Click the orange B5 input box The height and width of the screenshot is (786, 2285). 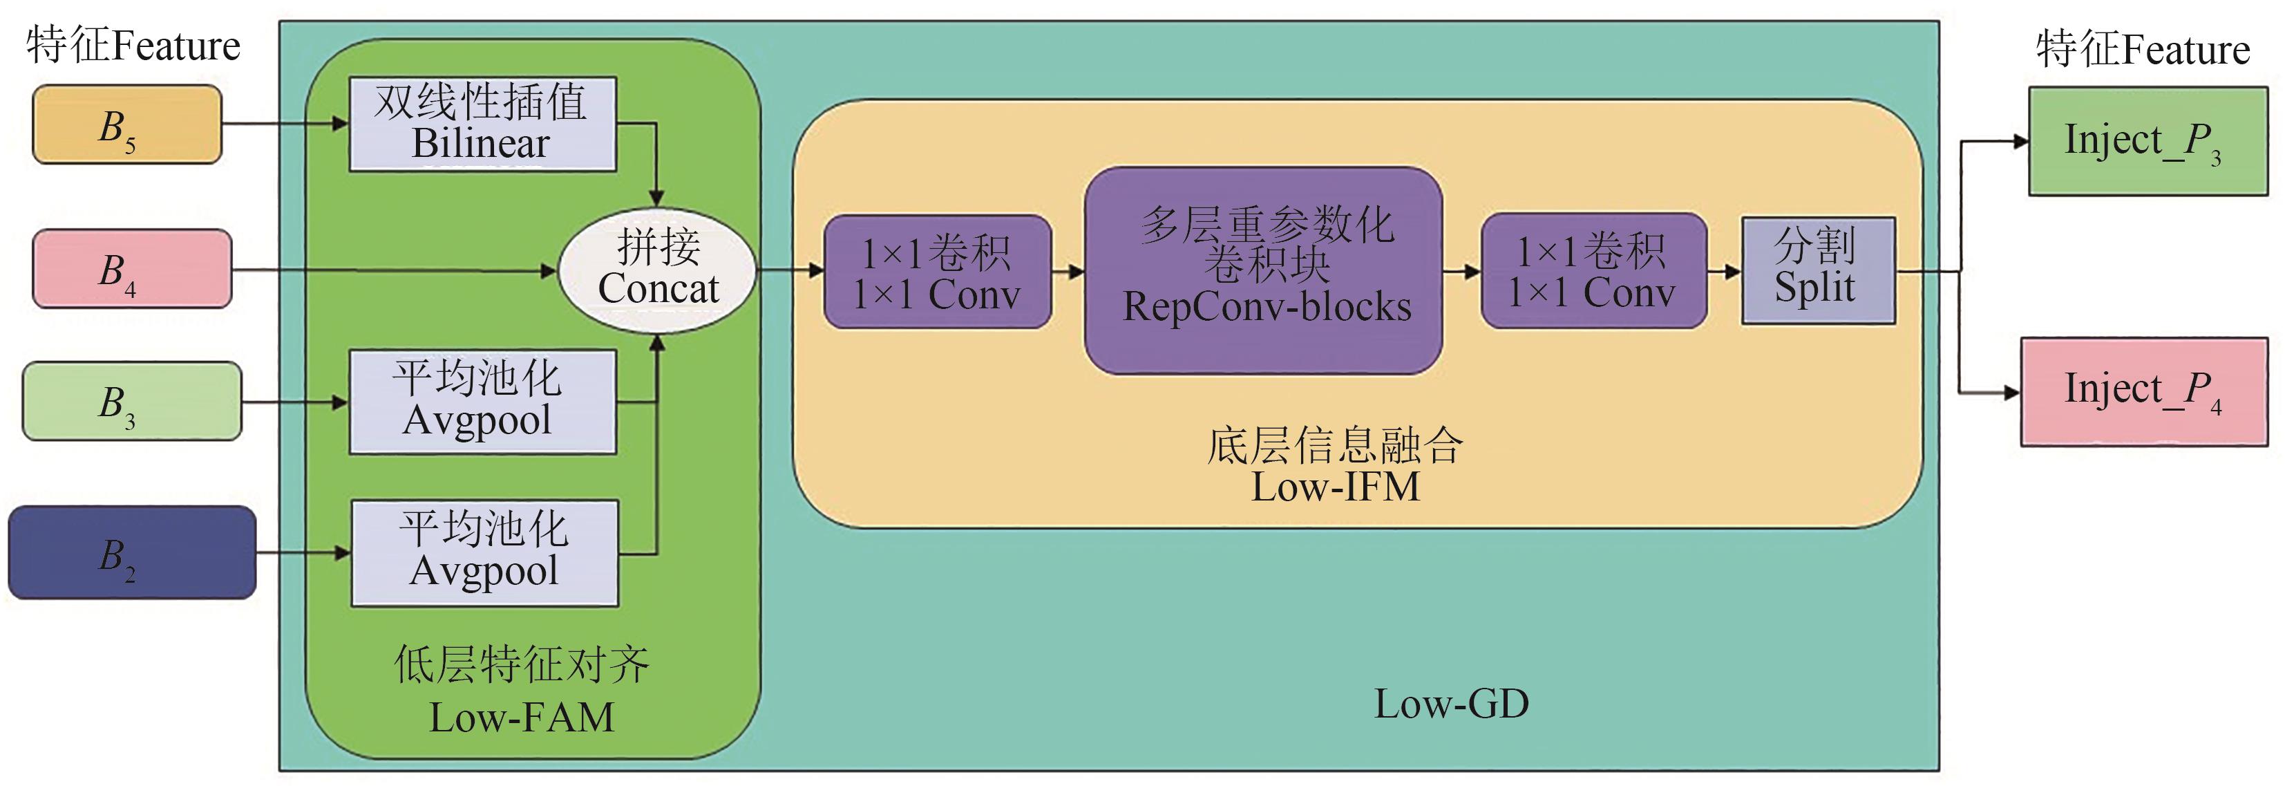coord(127,124)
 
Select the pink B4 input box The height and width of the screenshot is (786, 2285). coord(132,269)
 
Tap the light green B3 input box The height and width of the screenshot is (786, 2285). coord(131,401)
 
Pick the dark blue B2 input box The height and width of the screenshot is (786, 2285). coord(132,552)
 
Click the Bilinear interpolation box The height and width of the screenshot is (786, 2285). coord(482,124)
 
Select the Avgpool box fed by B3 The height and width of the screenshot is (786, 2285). coord(482,402)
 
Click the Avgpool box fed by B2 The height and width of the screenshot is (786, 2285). coord(484,552)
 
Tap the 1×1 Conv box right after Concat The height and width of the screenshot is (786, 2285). coord(938,272)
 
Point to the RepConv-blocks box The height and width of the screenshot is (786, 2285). coord(1263,270)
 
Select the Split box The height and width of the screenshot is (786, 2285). coord(1819,270)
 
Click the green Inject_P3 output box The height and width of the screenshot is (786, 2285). coord(2148,141)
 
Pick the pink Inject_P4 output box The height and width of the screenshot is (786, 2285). coord(2144,391)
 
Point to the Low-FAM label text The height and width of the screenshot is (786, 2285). coord(522,717)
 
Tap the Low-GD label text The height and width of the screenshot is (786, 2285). coord(1451,704)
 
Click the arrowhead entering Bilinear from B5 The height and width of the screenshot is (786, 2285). coord(341,124)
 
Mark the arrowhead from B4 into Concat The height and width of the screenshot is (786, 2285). coord(549,270)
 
